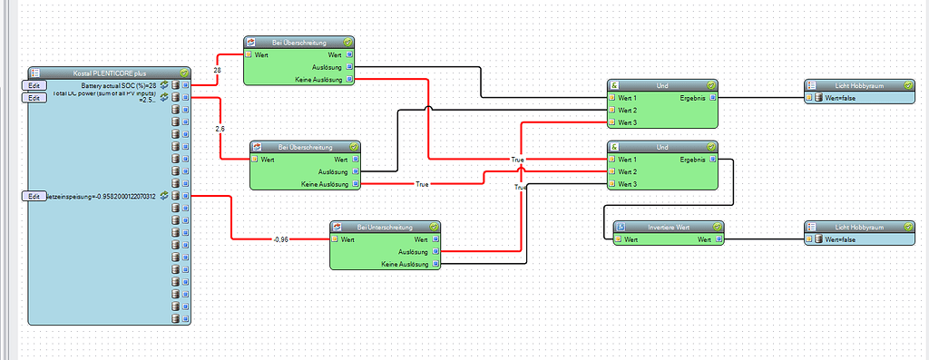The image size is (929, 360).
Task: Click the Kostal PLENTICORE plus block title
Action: click(x=108, y=72)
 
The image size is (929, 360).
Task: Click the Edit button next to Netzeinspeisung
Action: click(x=34, y=196)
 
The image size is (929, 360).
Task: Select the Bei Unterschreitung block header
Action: click(x=385, y=226)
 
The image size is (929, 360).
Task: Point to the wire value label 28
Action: click(x=218, y=71)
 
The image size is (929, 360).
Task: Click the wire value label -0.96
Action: click(x=280, y=239)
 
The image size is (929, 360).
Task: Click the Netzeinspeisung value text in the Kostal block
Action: click(x=102, y=196)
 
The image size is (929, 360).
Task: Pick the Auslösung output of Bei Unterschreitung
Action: click(x=413, y=252)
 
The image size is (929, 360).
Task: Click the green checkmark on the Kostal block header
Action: click(x=184, y=72)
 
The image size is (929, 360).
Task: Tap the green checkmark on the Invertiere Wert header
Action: click(x=717, y=226)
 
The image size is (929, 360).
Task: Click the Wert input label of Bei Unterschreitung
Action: click(x=348, y=239)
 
